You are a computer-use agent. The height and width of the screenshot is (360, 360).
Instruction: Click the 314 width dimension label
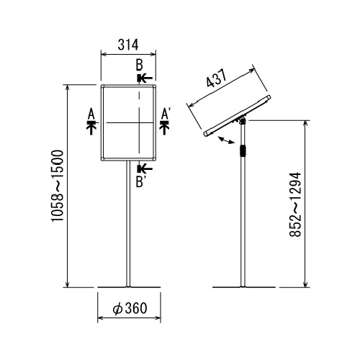[128, 45]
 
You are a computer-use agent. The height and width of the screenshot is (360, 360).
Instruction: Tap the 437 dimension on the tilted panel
[217, 78]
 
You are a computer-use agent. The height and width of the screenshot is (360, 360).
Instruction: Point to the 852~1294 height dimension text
[295, 204]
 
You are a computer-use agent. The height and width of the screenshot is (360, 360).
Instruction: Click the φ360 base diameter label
[130, 308]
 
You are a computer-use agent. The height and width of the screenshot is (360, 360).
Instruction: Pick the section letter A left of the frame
[91, 114]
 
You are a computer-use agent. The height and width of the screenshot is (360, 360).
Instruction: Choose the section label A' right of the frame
[165, 114]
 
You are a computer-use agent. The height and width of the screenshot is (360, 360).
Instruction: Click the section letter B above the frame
[139, 65]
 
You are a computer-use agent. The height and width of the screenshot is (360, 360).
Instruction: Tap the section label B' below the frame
[140, 181]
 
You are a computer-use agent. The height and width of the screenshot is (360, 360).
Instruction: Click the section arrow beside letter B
[145, 78]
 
